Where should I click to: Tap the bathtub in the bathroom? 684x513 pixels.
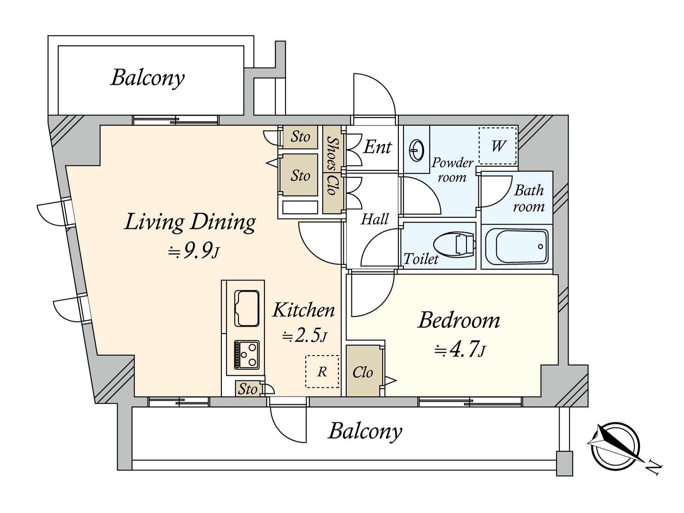tap(517, 247)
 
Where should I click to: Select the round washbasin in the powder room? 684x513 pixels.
tap(416, 150)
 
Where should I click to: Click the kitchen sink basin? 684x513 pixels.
tap(247, 308)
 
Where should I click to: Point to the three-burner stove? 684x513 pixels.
tap(247, 355)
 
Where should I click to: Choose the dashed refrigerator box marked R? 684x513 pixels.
tap(322, 371)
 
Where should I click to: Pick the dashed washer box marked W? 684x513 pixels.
tap(498, 145)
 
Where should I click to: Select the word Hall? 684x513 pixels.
tap(374, 219)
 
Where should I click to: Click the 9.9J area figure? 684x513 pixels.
tap(194, 251)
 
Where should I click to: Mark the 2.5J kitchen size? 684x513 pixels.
tap(304, 336)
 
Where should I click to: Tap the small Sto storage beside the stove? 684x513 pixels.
tap(248, 389)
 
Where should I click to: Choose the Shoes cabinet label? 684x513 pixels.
tap(333, 153)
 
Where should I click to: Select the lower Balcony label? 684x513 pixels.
tap(365, 431)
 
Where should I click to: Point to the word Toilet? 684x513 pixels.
tap(421, 259)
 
